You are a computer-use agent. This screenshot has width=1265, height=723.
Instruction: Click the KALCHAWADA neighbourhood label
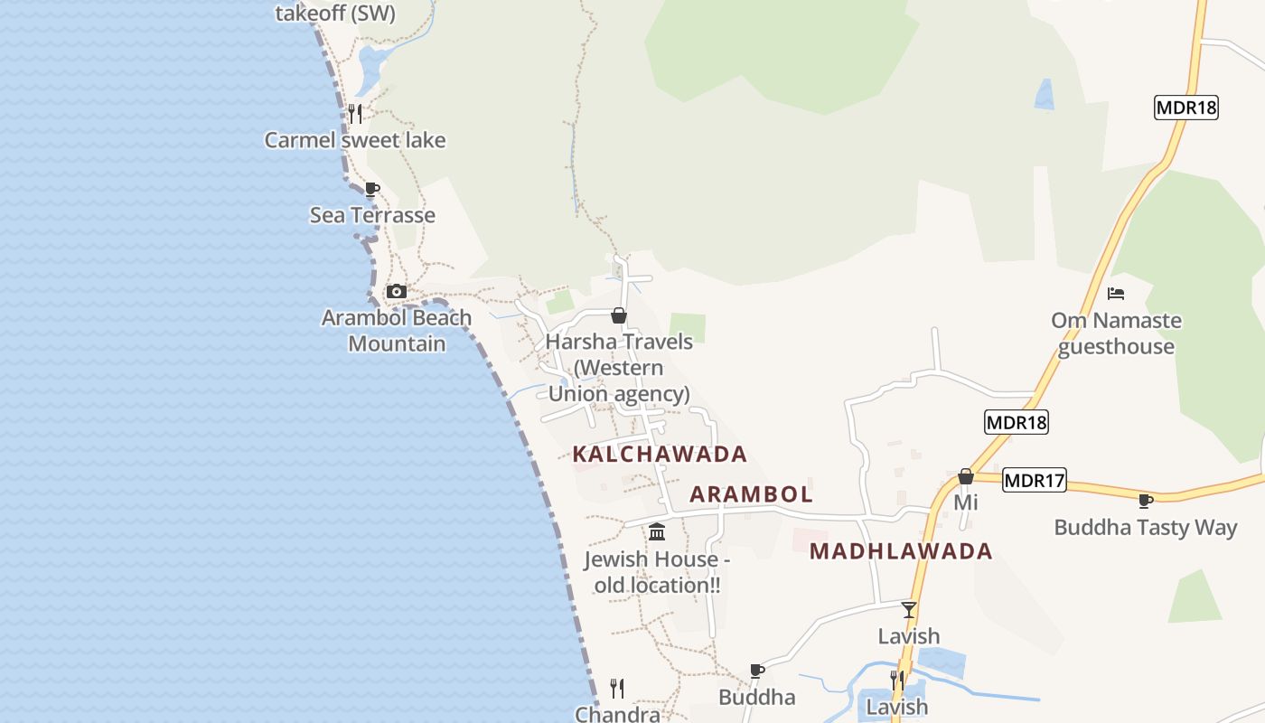click(x=660, y=454)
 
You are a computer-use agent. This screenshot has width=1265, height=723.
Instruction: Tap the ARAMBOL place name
click(x=751, y=494)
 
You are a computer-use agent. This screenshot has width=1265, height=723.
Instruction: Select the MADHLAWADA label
click(x=901, y=551)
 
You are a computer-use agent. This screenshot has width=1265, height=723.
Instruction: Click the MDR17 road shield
click(x=1035, y=481)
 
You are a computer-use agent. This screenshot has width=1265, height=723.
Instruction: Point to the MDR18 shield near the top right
click(x=1186, y=108)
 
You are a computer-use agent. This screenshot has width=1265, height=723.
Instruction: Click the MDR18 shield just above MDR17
click(x=1017, y=422)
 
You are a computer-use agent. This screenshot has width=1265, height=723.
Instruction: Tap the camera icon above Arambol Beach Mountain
click(x=396, y=291)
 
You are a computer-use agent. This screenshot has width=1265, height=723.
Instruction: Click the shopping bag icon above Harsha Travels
click(x=619, y=315)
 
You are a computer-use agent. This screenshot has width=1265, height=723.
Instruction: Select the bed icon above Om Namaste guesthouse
click(x=1116, y=294)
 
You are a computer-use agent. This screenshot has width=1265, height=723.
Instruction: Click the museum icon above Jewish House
click(x=657, y=531)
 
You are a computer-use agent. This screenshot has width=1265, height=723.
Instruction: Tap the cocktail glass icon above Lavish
click(x=909, y=609)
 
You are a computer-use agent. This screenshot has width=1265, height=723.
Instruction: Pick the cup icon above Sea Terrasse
click(x=371, y=189)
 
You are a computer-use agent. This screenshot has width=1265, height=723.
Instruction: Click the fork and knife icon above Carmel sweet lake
click(x=355, y=114)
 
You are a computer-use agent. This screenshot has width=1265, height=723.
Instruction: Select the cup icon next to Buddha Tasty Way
click(x=1146, y=501)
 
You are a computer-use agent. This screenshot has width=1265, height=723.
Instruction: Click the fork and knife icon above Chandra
click(x=617, y=689)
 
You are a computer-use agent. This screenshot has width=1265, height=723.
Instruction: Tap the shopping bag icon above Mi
click(x=966, y=476)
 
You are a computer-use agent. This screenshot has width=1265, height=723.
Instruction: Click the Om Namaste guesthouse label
click(x=1116, y=333)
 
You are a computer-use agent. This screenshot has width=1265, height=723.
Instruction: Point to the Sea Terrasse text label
click(x=372, y=215)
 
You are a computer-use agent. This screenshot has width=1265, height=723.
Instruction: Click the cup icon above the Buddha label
click(x=757, y=671)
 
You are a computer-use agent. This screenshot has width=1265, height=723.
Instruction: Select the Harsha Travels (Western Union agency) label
click(x=619, y=368)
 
